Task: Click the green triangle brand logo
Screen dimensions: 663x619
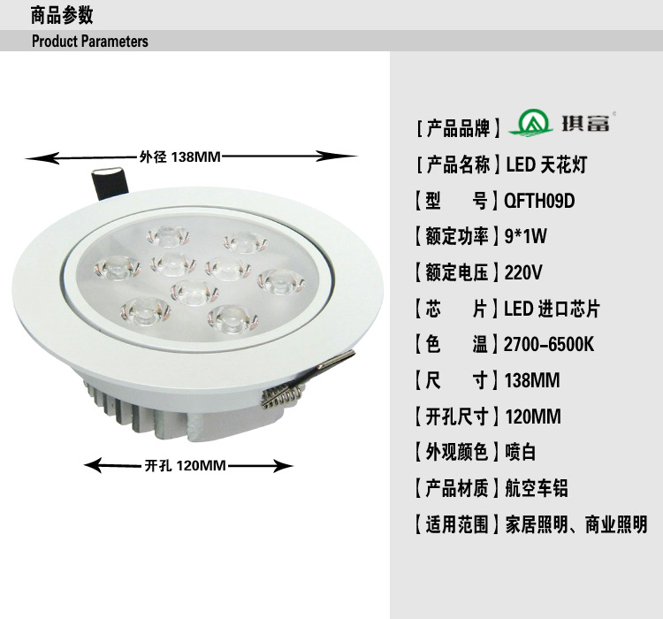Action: tap(530, 123)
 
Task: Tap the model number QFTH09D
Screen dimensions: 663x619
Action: tap(539, 201)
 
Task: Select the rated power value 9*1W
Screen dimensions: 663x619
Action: tap(526, 236)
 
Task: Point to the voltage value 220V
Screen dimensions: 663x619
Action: tap(523, 272)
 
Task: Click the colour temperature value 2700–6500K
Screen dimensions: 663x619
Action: tap(549, 344)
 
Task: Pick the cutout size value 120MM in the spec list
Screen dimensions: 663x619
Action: tap(533, 416)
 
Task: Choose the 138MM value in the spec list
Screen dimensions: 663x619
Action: tap(532, 380)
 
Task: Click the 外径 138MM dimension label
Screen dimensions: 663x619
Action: tap(180, 157)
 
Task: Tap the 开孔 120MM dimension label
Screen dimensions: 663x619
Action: tap(186, 465)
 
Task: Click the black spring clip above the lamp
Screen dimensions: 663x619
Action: tap(109, 184)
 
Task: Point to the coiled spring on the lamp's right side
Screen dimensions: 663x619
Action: tap(282, 396)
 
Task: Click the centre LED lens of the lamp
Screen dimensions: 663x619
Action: tap(194, 293)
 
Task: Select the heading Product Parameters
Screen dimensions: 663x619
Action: tap(90, 41)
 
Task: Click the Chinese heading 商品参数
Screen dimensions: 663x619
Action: tap(62, 16)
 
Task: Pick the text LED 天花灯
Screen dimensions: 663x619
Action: tap(546, 164)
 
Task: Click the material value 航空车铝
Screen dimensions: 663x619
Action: tap(537, 488)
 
